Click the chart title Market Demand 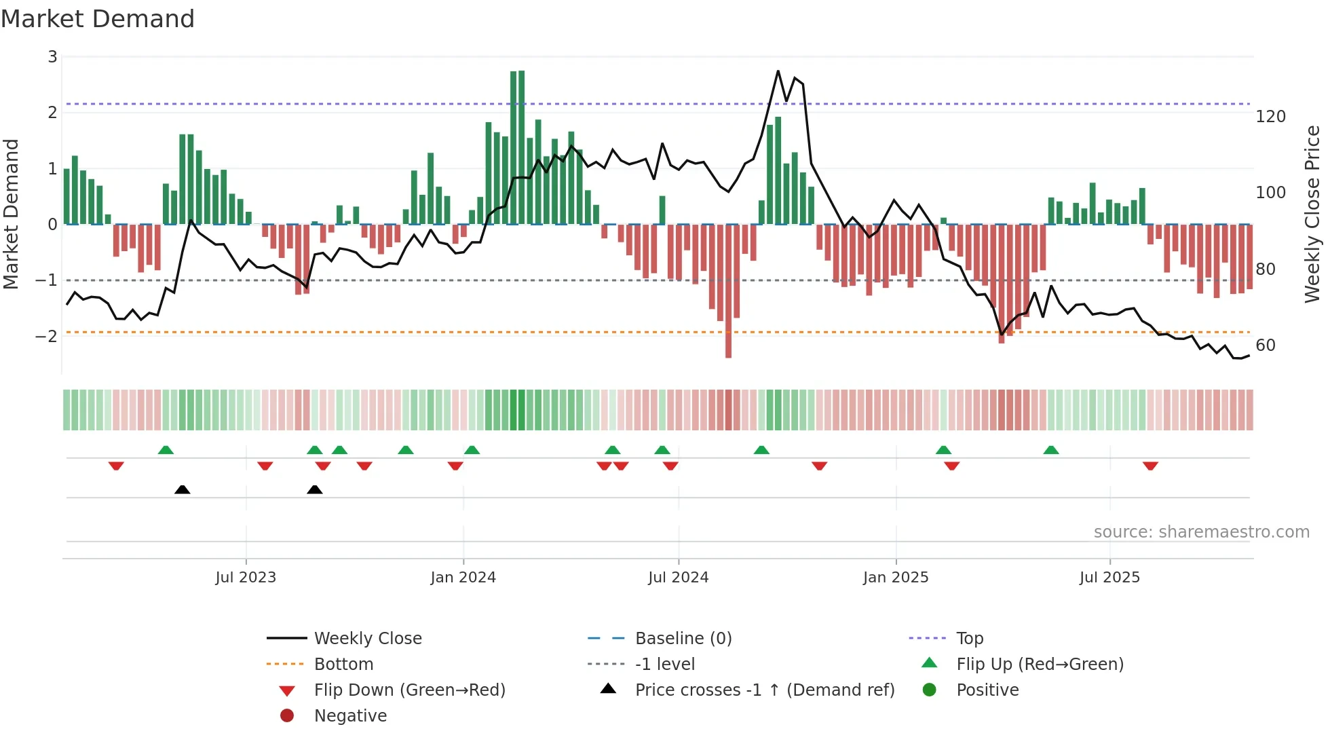click(x=98, y=19)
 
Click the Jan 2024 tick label click(x=463, y=578)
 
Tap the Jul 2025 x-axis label click(x=1109, y=578)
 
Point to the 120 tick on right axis click(x=1270, y=117)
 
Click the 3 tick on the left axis click(x=52, y=57)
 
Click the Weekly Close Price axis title click(x=1312, y=214)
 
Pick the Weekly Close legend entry click(x=367, y=639)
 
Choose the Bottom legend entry click(x=343, y=665)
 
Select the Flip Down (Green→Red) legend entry click(x=409, y=690)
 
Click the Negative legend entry click(x=350, y=716)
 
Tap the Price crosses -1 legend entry click(x=764, y=690)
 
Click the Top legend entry click(x=969, y=639)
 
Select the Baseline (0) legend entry click(x=683, y=639)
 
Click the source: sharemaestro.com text click(x=1201, y=532)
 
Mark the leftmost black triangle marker click(x=182, y=489)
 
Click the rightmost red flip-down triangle click(x=1150, y=466)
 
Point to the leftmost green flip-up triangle click(x=166, y=450)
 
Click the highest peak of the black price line click(x=778, y=71)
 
